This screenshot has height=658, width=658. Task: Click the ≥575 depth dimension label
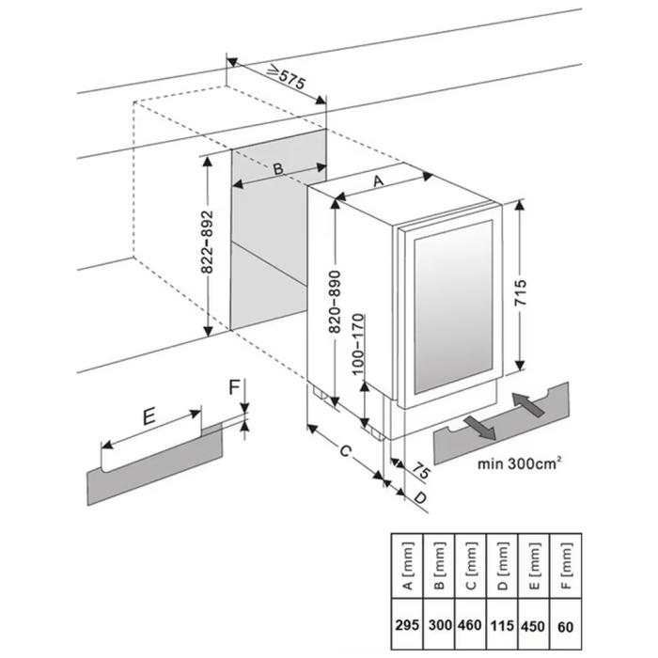tap(287, 76)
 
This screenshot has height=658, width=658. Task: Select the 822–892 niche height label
tap(208, 242)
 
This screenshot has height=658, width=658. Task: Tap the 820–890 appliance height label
tap(335, 302)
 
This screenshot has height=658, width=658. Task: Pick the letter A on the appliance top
tap(379, 180)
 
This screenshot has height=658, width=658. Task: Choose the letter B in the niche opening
tap(278, 168)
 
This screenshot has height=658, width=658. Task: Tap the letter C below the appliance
tap(345, 451)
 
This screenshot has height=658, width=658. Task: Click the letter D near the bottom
tap(420, 498)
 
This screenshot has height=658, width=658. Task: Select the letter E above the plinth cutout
tap(149, 416)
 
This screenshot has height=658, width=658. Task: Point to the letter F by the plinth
tap(234, 387)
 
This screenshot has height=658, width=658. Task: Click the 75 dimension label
tap(421, 471)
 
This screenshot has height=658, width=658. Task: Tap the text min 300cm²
tap(520, 463)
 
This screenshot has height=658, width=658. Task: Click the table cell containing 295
tap(407, 625)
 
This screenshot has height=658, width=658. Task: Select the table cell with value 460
tap(470, 625)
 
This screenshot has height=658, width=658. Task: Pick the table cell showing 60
tap(566, 625)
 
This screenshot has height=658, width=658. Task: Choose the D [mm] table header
tap(502, 567)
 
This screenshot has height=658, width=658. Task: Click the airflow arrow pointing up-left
tap(528, 404)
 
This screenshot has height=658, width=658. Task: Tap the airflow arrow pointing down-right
tap(480, 428)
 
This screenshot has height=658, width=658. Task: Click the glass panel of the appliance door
tap(454, 307)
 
